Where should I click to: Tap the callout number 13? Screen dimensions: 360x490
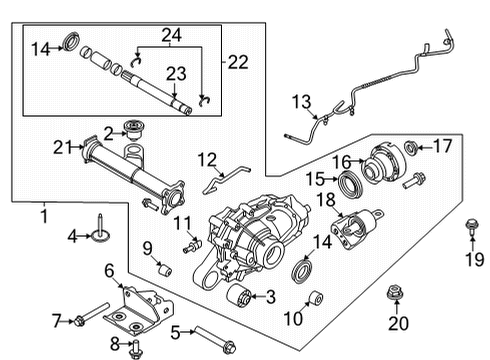[x=301, y=101]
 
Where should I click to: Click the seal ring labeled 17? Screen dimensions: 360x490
[x=411, y=149]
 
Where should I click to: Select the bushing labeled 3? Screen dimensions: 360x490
[x=240, y=297]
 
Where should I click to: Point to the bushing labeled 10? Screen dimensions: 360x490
[x=312, y=298]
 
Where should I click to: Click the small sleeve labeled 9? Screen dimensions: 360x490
[x=166, y=270]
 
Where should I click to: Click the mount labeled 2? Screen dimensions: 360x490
[x=130, y=129]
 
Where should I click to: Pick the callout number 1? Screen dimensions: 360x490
[x=42, y=214]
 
